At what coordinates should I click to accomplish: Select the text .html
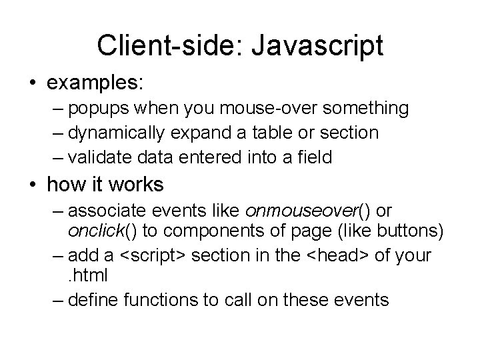tap(87, 275)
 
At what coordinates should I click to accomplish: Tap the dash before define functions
tap(57, 299)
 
